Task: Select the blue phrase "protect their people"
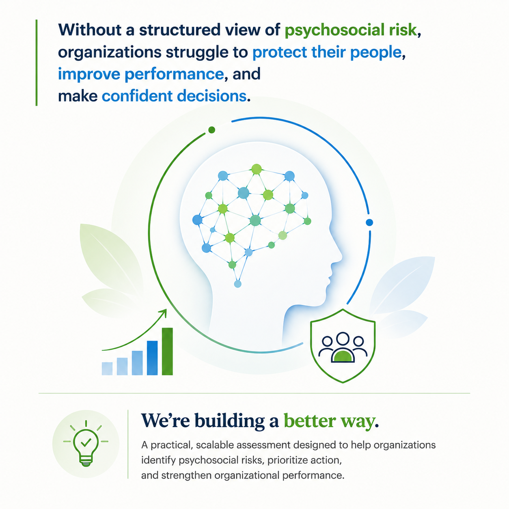click(x=327, y=52)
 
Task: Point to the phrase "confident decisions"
click(x=174, y=96)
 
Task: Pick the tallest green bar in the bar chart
click(x=167, y=352)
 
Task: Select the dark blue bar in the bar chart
click(x=152, y=358)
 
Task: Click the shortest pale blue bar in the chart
click(x=107, y=369)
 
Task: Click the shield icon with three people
click(x=343, y=346)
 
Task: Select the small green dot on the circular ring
click(x=211, y=130)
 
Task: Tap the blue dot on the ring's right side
click(x=369, y=223)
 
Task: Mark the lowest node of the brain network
click(x=238, y=284)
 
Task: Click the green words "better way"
click(x=329, y=421)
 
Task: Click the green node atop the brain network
click(x=257, y=169)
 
